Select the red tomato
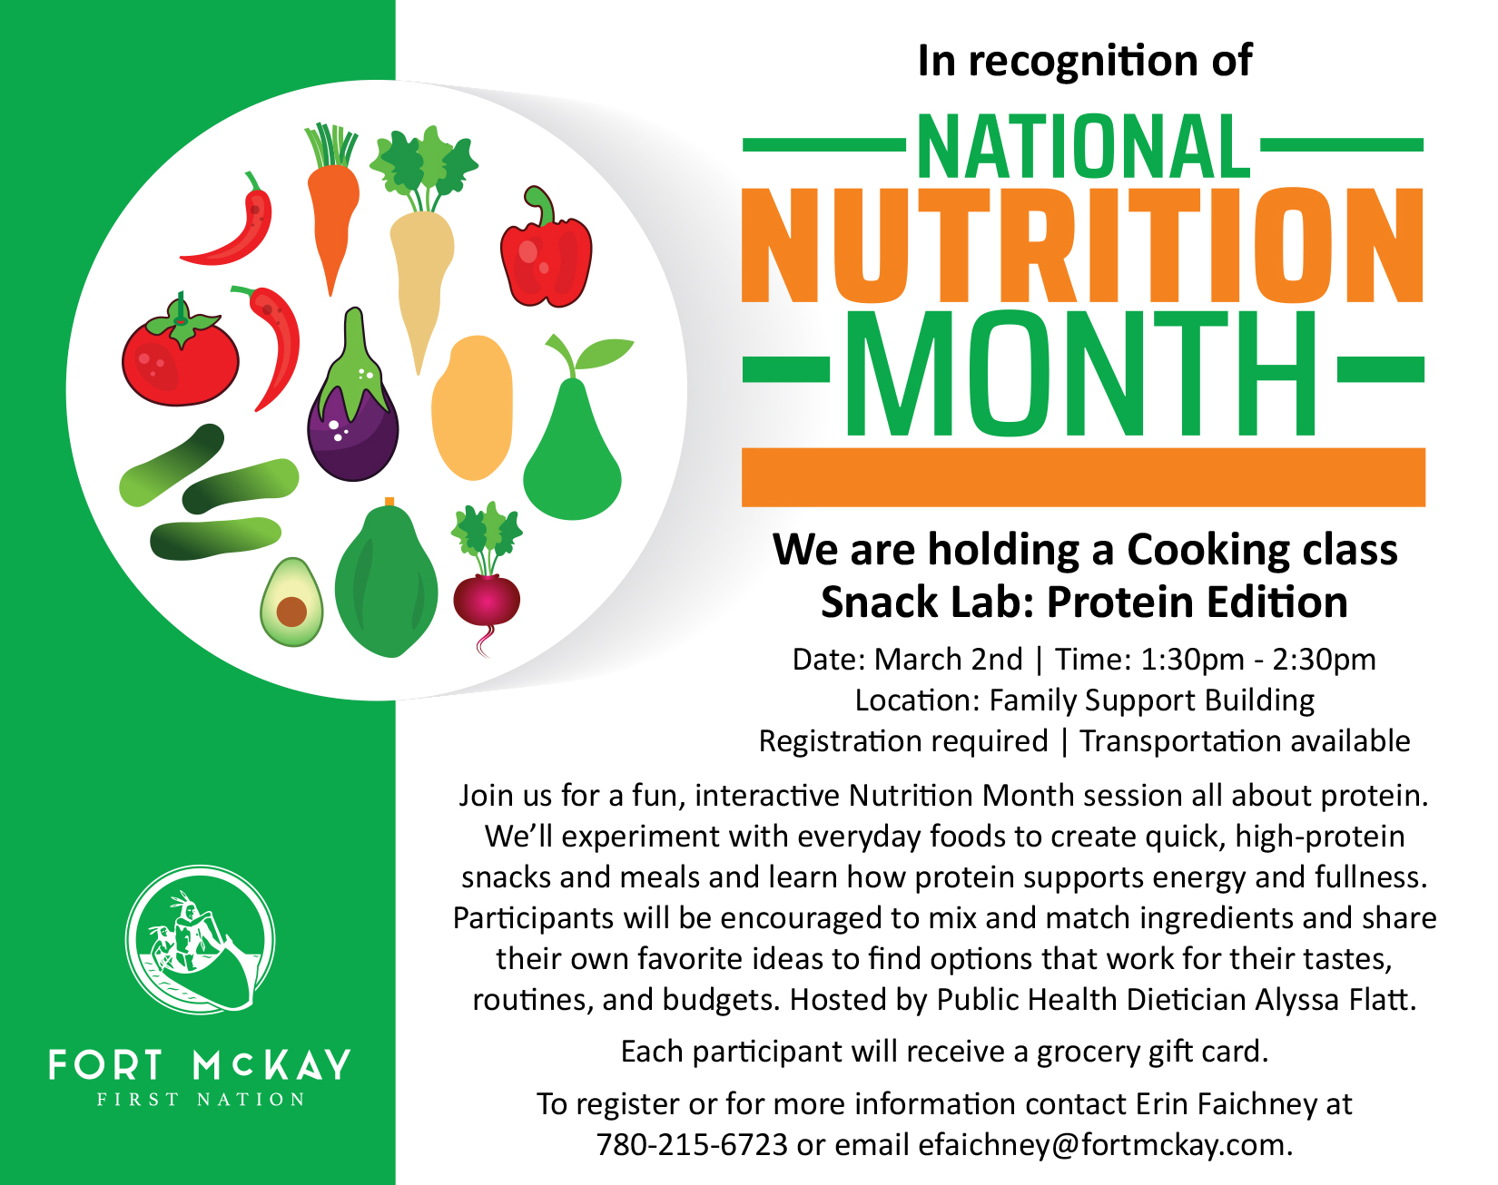180,351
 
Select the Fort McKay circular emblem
201,940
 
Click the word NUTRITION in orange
1083,246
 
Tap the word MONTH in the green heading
1082,373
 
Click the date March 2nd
948,659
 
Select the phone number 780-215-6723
692,1144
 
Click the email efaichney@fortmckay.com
1104,1145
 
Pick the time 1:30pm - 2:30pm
1258,660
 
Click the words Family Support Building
1151,700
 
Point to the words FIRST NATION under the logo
201,1100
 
